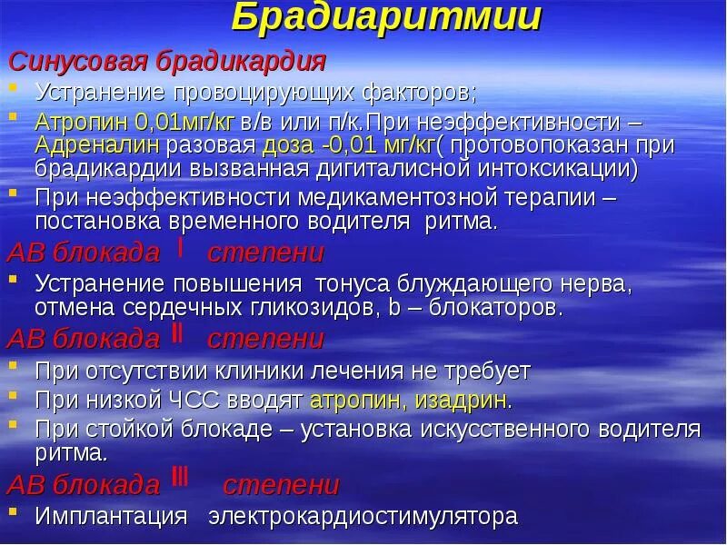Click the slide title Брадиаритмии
click(x=387, y=17)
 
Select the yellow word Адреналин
click(x=97, y=144)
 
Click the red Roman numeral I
click(x=180, y=249)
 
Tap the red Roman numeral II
click(x=178, y=336)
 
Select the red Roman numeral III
click(x=180, y=481)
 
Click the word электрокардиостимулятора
click(x=363, y=516)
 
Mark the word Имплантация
click(x=111, y=516)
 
